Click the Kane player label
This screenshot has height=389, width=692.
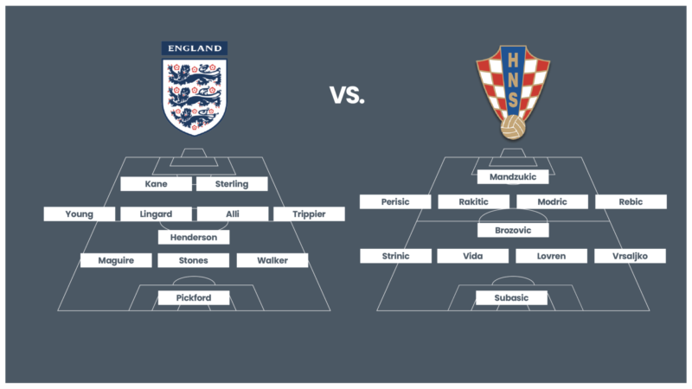[x=157, y=184]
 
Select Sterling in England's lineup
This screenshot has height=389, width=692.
[x=232, y=184]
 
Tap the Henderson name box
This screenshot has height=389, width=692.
[x=194, y=237]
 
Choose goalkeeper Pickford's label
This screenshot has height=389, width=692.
[x=194, y=297]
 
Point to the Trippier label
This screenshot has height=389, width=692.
[x=309, y=214]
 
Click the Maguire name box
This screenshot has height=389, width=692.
[x=116, y=260]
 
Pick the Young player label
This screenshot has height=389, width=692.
[x=80, y=214]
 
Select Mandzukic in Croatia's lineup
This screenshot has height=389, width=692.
[x=513, y=177]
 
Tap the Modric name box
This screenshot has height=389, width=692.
[x=552, y=201]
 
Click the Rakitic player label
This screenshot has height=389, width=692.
[x=473, y=201]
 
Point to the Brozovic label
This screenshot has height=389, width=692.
[x=513, y=230]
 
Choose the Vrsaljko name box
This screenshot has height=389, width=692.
[x=631, y=256]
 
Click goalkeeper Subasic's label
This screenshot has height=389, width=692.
[x=511, y=297]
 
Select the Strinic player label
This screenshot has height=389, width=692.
[x=396, y=256]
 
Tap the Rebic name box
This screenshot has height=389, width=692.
[x=631, y=201]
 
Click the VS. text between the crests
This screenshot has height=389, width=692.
[x=347, y=95]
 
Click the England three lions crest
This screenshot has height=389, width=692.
[x=195, y=97]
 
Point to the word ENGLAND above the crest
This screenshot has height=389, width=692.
[x=195, y=48]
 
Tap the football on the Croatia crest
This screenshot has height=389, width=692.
[x=513, y=128]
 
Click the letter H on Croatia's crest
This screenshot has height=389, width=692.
[x=513, y=61]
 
